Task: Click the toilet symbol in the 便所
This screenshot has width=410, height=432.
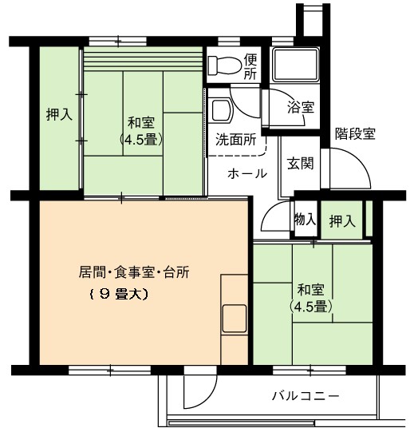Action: click(224, 65)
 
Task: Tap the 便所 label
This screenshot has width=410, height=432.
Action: click(250, 65)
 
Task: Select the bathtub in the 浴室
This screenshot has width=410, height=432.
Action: click(295, 65)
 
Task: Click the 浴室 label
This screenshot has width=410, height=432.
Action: click(301, 107)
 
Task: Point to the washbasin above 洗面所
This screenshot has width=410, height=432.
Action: click(221, 110)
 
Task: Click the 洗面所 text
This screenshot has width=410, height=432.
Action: click(236, 140)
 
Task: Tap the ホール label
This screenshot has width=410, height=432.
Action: click(247, 174)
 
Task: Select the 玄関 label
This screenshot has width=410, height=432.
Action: click(300, 164)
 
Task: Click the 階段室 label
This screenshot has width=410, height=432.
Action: click(355, 134)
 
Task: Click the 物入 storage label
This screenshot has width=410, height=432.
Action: click(305, 220)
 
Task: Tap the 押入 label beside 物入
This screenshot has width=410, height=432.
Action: click(342, 221)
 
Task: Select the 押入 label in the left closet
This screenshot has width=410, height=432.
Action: click(60, 114)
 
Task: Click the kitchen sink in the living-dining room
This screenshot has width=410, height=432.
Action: click(235, 319)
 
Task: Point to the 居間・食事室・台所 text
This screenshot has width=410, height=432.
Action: click(134, 272)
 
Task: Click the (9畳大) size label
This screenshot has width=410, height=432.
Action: click(119, 295)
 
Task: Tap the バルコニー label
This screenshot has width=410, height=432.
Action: click(306, 396)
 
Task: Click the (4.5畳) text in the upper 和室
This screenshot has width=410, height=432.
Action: click(141, 141)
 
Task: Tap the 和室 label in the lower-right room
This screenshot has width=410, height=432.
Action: click(311, 290)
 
